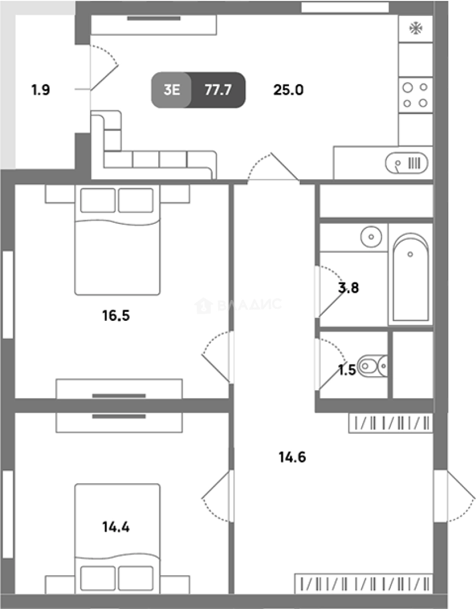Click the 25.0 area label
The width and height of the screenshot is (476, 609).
288,90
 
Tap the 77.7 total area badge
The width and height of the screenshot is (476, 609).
218,90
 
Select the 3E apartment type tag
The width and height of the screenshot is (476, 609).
171,90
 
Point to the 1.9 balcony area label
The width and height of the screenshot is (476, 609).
41,90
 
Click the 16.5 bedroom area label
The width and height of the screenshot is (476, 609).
116,315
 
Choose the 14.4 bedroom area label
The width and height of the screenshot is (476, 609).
116,527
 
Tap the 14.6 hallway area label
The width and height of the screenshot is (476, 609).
292,457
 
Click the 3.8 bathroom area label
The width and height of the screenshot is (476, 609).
348,288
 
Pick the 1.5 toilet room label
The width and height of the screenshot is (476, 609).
347,370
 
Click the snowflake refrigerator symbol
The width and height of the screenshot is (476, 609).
416,28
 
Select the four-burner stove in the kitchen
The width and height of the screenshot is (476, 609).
416,95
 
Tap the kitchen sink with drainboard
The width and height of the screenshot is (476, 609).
407,163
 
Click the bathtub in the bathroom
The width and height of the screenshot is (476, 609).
411,277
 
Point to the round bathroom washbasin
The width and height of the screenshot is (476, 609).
371,236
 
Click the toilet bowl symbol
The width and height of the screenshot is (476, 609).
372,366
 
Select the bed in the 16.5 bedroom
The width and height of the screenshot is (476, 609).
117,240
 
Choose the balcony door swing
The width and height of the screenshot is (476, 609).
104,68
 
